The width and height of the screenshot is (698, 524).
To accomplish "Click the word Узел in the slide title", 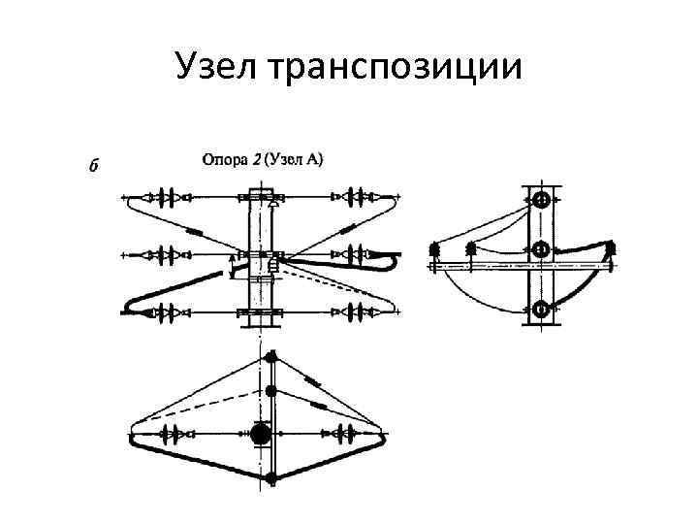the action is pyautogui.click(x=215, y=68).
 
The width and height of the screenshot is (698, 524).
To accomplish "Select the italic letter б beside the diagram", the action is pyautogui.click(x=93, y=164).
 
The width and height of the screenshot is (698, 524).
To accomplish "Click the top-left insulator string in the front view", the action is pyautogui.click(x=166, y=198).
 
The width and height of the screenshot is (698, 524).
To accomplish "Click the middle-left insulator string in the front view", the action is pyautogui.click(x=166, y=255).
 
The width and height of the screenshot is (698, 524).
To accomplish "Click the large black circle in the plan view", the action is pyautogui.click(x=261, y=434).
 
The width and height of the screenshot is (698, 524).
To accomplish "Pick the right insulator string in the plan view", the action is pyautogui.click(x=347, y=434).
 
